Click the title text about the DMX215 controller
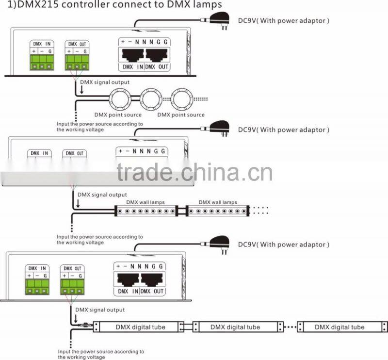[114, 4]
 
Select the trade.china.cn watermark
[194, 172]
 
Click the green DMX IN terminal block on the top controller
[42, 63]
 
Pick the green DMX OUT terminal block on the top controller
[77, 63]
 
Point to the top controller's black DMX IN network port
[132, 55]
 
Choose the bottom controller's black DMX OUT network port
[152, 279]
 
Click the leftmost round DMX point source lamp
[120, 99]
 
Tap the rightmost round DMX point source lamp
[181, 99]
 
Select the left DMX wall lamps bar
[146, 211]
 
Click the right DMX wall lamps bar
[218, 211]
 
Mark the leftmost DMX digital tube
[139, 327]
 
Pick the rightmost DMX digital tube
[342, 327]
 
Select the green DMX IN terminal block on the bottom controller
[37, 287]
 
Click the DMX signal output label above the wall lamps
[102, 195]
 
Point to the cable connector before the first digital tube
[84, 325]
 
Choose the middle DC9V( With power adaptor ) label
[284, 130]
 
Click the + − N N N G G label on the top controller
[144, 42]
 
